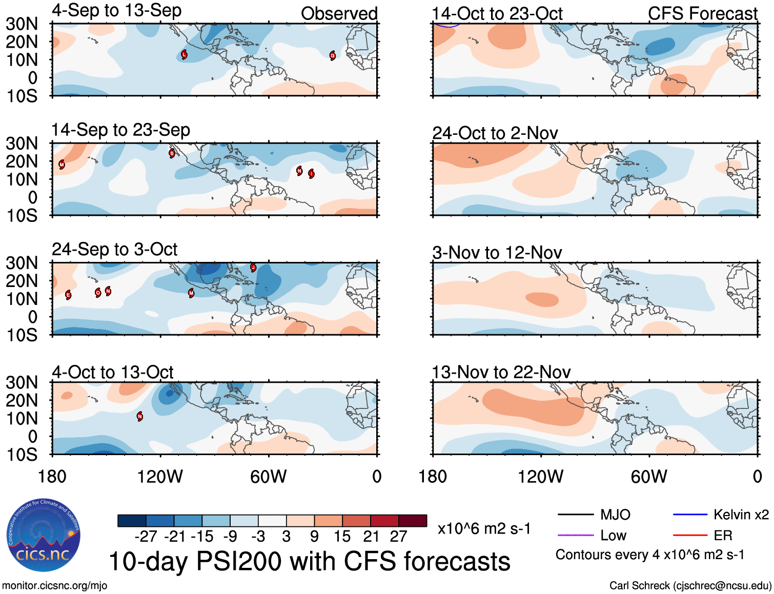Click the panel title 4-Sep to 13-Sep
[x=116, y=11]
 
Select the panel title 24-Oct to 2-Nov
[x=495, y=133]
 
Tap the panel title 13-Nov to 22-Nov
[x=501, y=372]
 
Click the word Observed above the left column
[x=339, y=14]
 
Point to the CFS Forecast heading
[x=702, y=14]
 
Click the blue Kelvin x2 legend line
[x=690, y=515]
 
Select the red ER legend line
[x=690, y=536]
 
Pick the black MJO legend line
[x=576, y=515]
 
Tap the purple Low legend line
[x=576, y=536]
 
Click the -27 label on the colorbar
[x=146, y=537]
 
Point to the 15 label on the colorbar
[x=342, y=537]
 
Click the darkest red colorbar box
[x=413, y=521]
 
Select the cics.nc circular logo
[x=43, y=536]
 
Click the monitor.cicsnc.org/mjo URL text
[x=55, y=586]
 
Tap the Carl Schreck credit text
[x=690, y=586]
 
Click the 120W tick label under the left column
[x=160, y=477]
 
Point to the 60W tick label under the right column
[x=649, y=477]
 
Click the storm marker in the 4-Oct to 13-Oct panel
[x=140, y=417]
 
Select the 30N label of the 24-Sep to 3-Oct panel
[x=22, y=263]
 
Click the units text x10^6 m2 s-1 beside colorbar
[x=484, y=528]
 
